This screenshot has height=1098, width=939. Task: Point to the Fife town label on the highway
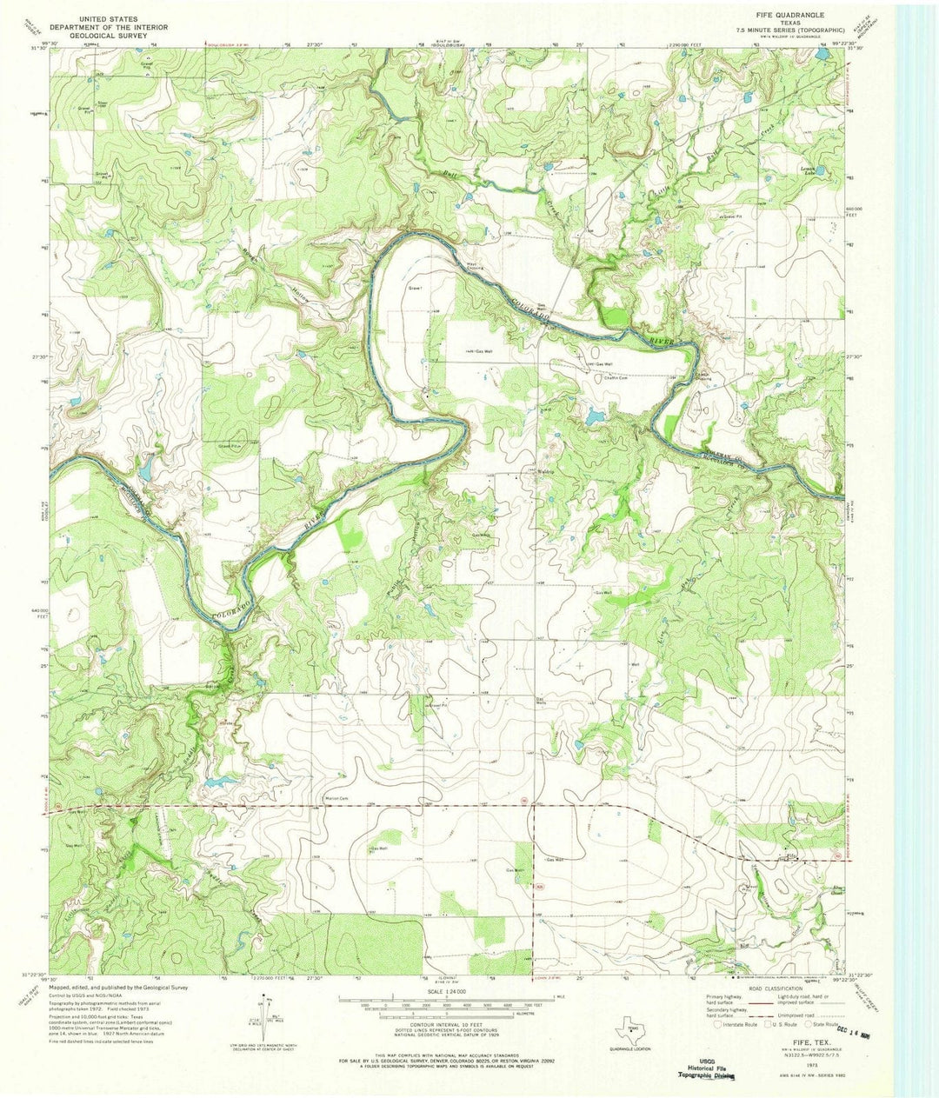pos(790,856)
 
